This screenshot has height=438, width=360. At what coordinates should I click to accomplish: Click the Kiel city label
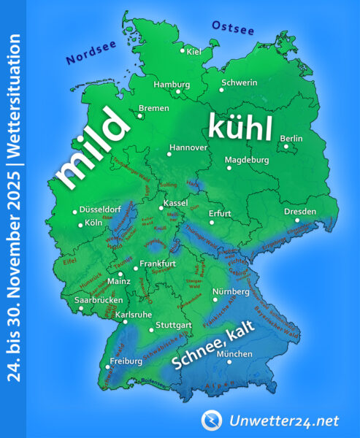(194, 52)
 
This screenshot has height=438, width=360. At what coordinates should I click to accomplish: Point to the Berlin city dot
(287, 146)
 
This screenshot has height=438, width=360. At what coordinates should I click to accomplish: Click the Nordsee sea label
(91, 49)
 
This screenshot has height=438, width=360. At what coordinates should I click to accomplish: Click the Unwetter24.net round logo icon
(211, 419)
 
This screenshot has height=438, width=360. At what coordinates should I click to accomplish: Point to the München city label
(235, 355)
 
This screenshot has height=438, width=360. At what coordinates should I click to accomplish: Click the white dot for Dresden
(296, 220)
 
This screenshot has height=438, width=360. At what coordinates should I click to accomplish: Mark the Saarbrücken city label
(97, 300)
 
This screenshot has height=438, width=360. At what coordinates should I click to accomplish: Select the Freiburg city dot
(107, 367)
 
